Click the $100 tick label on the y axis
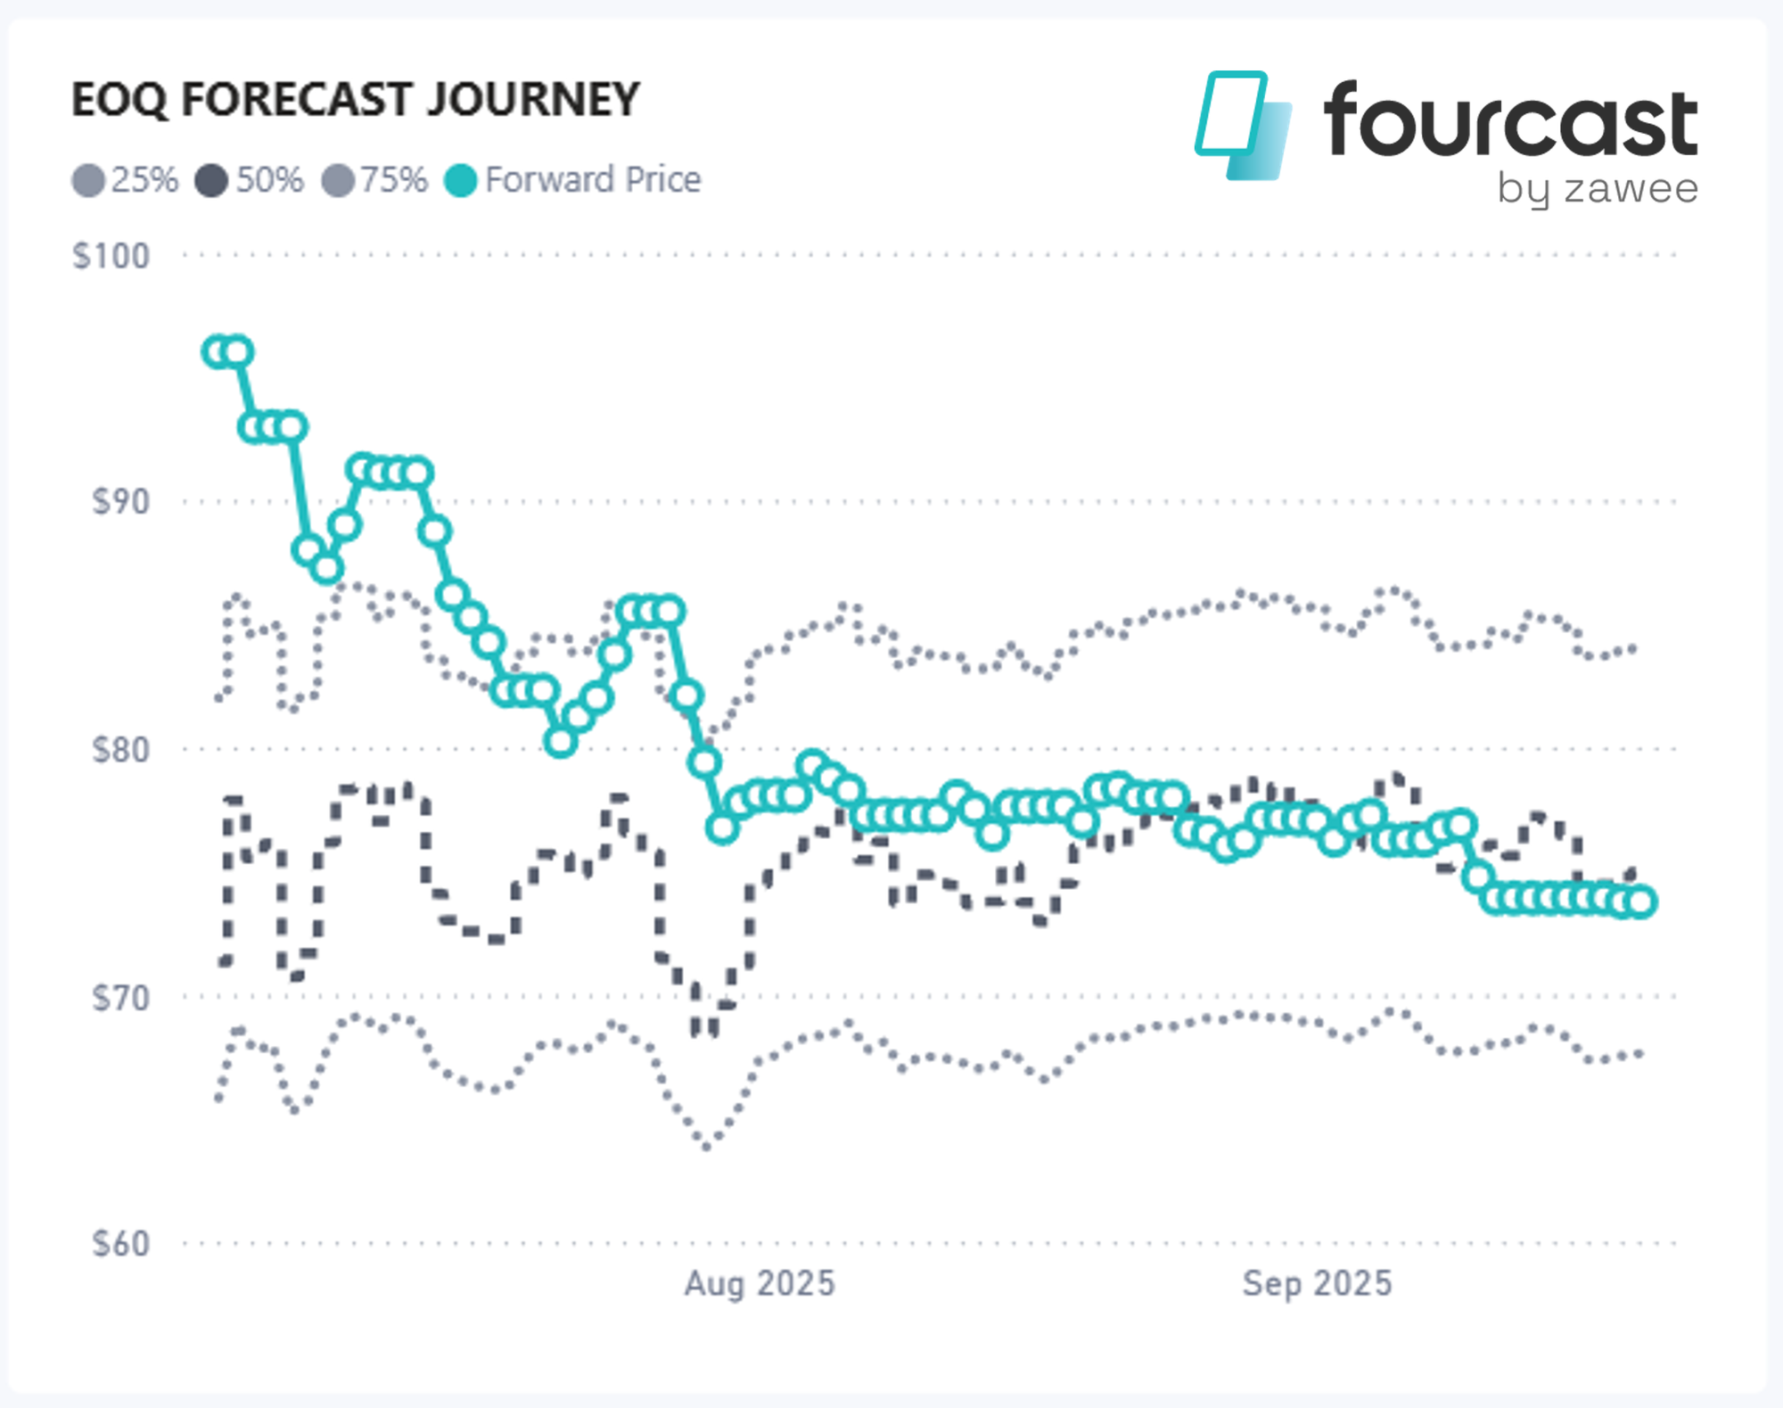coord(111,257)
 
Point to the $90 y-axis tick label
coord(120,502)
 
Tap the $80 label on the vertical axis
coord(120,750)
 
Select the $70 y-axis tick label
coord(120,997)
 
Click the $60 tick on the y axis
coord(120,1244)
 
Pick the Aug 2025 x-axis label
coord(760,1284)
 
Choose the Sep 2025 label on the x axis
coord(1317,1284)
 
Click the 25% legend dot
coord(88,181)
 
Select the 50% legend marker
coord(211,181)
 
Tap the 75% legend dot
coord(338,181)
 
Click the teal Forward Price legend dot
coord(461,181)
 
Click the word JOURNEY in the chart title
coord(532,99)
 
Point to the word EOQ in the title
coord(119,99)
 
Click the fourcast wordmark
coord(1510,120)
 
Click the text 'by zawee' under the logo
coord(1597,189)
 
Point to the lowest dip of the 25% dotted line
coord(707,1147)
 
